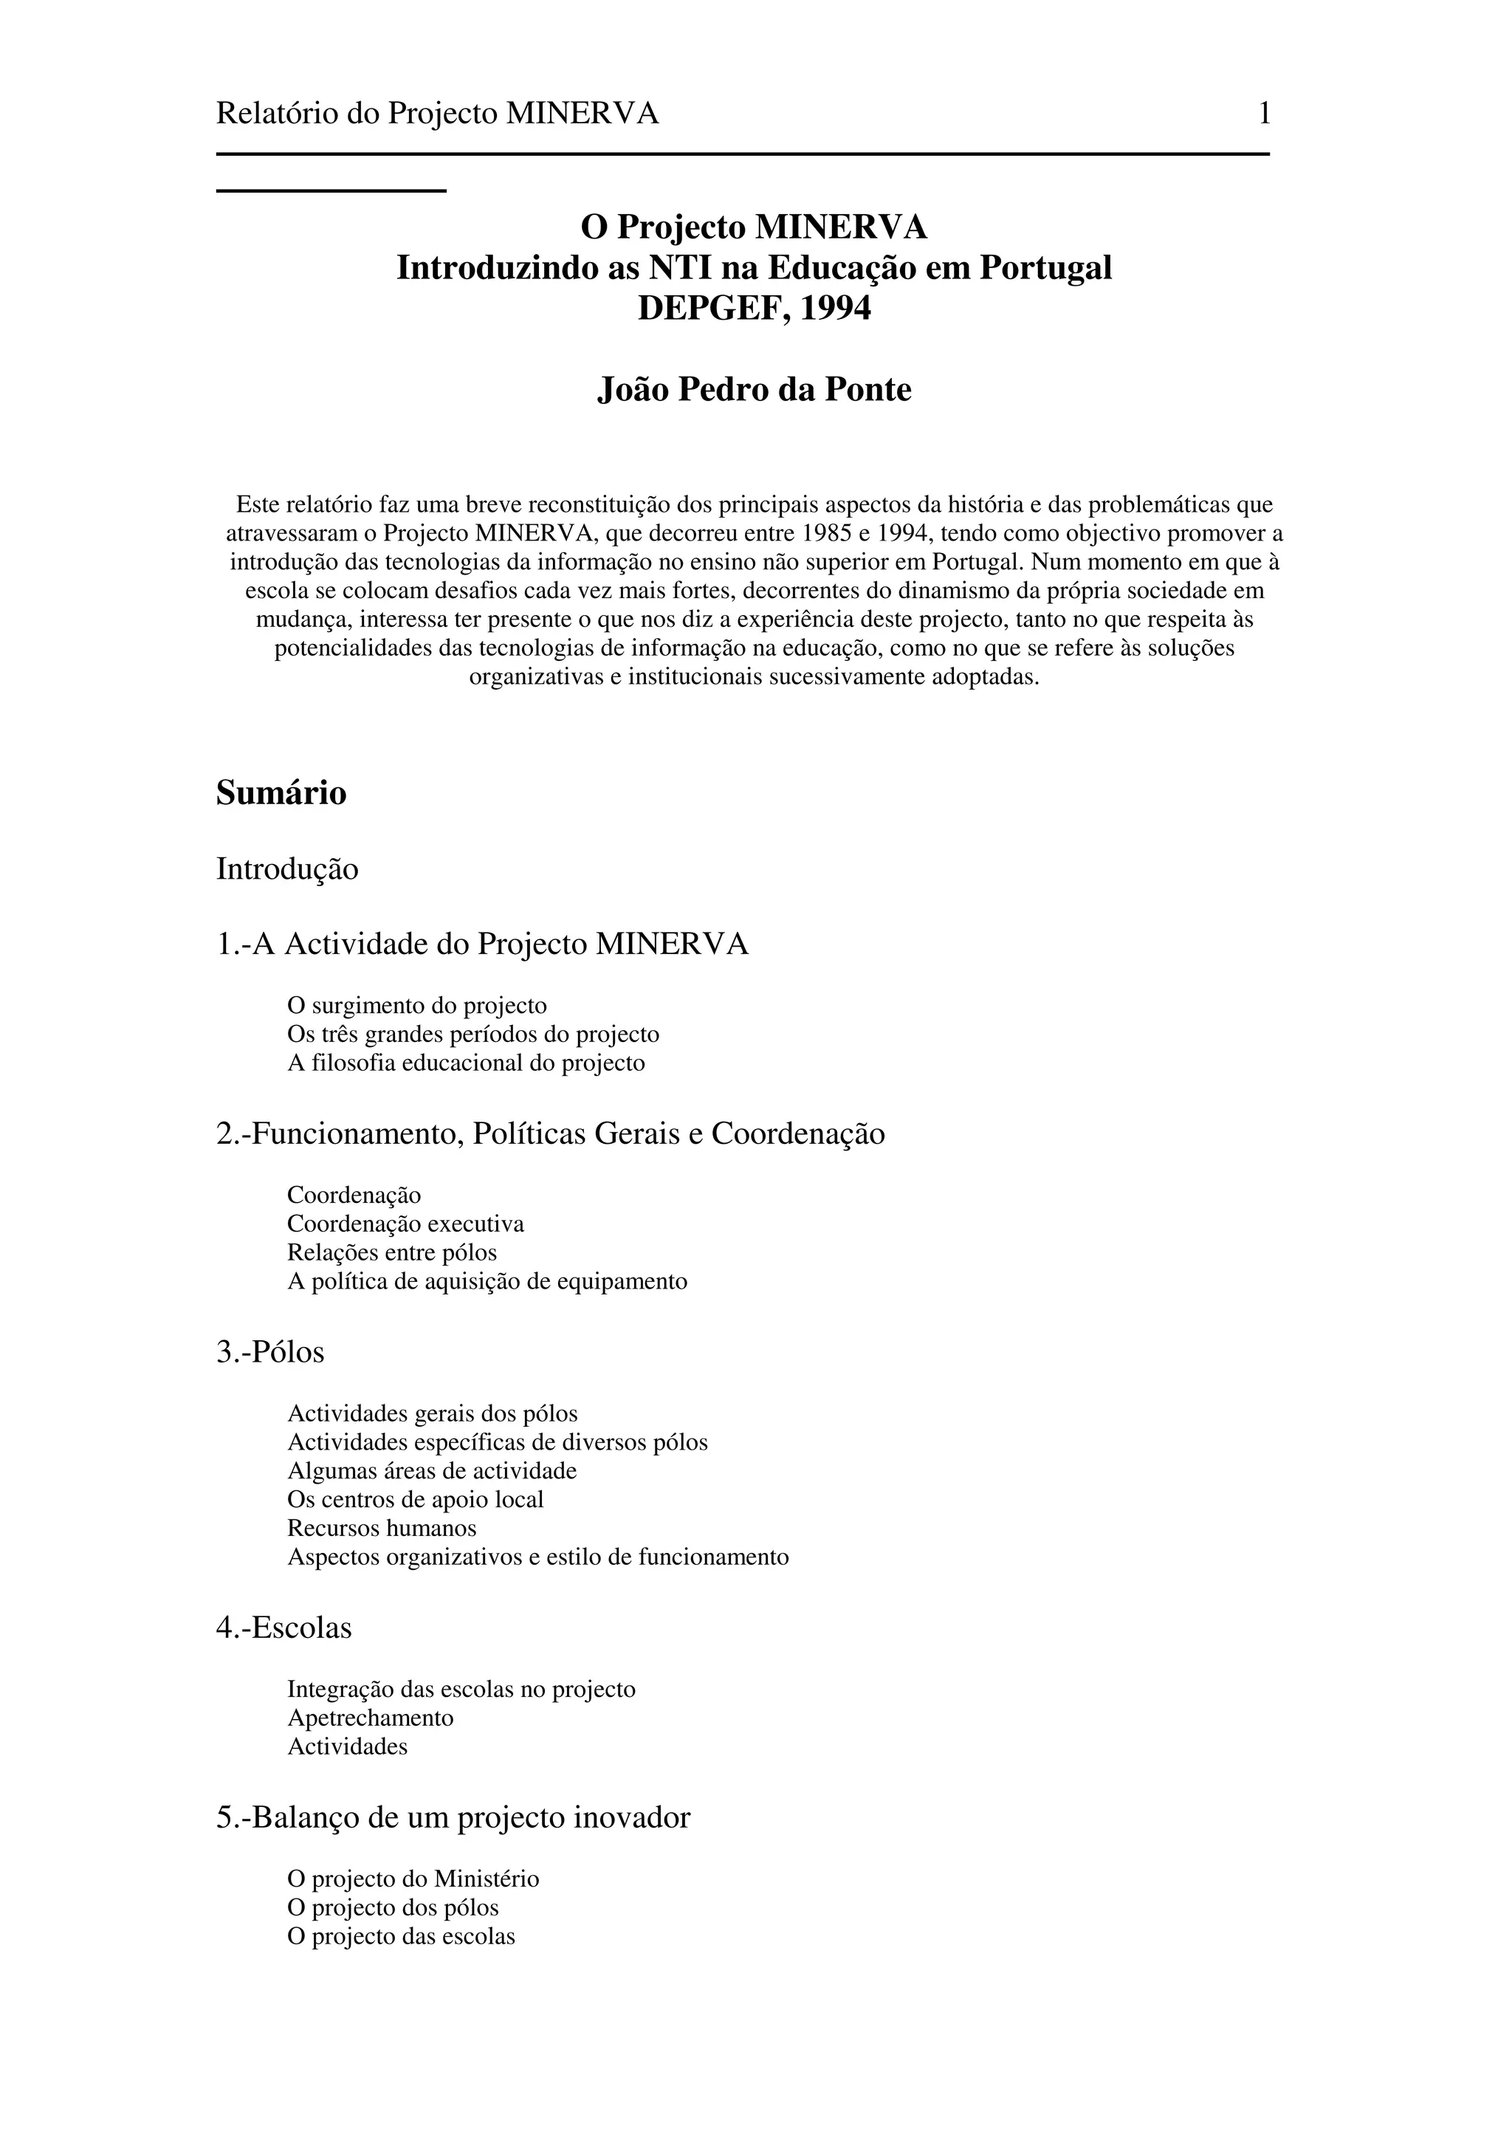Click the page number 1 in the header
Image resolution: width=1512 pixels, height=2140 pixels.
(1264, 114)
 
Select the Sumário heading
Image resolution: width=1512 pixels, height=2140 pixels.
(281, 793)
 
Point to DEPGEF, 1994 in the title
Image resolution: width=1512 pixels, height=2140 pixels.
(754, 309)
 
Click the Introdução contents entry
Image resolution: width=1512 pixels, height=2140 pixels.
(287, 870)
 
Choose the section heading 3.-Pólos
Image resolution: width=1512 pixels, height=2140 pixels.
(270, 1351)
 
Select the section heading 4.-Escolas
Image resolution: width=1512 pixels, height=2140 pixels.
(284, 1628)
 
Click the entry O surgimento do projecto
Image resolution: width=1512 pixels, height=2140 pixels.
(416, 1006)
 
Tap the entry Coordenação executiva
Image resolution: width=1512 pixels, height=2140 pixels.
(405, 1224)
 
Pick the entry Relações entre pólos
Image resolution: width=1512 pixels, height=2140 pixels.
(391, 1252)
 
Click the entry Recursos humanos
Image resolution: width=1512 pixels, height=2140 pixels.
(382, 1529)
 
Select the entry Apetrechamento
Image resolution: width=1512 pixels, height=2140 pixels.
(370, 1718)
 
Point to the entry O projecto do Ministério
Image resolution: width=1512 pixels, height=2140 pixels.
(413, 1879)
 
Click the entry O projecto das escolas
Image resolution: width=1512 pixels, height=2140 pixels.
(401, 1937)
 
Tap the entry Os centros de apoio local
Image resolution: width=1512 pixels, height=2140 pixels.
(415, 1500)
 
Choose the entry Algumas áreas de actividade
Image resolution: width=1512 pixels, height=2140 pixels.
(431, 1471)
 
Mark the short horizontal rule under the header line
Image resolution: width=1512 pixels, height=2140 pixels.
(331, 191)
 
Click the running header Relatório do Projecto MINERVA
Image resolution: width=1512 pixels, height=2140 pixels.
(437, 114)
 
